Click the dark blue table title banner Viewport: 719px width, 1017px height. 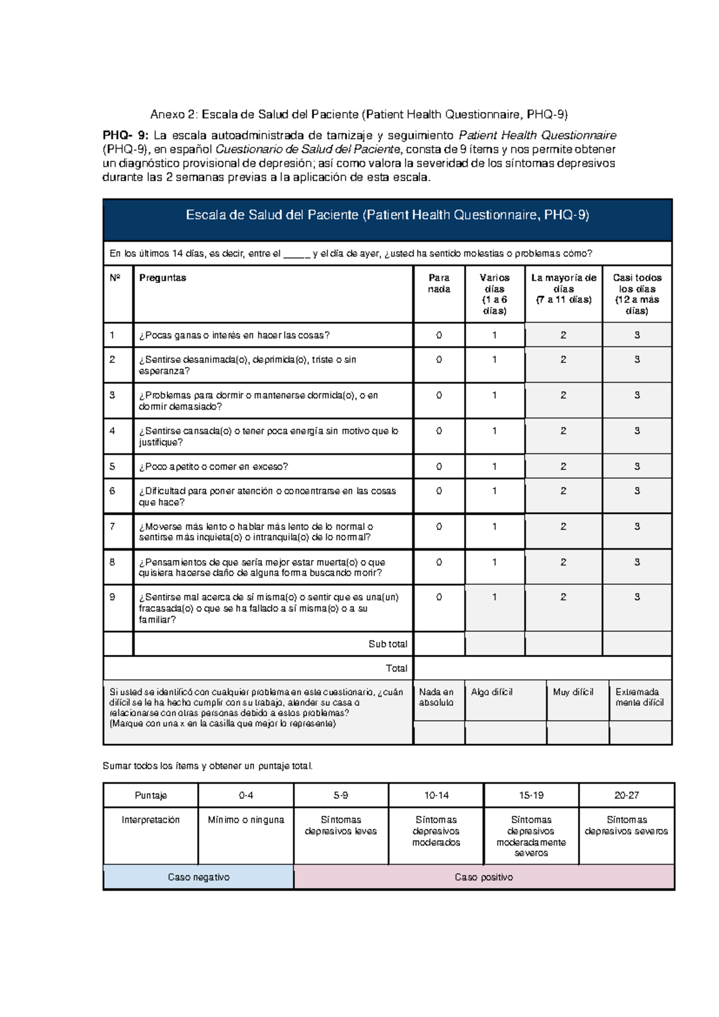[387, 216]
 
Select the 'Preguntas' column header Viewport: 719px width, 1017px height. [162, 278]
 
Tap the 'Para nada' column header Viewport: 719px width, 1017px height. [439, 284]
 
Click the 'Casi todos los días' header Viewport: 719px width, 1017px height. [636, 294]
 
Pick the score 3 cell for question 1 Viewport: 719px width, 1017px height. [636, 335]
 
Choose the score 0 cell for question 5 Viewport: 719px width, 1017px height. [439, 467]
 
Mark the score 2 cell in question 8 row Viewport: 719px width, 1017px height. [563, 562]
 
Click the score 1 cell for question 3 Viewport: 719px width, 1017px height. [494, 396]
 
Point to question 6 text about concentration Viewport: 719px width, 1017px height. [267, 497]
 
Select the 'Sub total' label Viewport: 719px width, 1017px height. [388, 644]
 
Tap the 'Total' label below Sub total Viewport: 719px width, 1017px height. [396, 668]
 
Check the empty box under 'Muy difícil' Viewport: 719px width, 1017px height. [577, 733]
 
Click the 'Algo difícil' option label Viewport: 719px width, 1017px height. [491, 692]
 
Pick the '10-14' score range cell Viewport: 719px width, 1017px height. [436, 796]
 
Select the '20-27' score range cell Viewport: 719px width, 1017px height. [626, 796]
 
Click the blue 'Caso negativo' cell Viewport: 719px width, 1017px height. [198, 877]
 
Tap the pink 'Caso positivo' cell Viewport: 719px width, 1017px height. [484, 877]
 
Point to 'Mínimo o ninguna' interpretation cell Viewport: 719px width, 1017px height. [246, 820]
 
